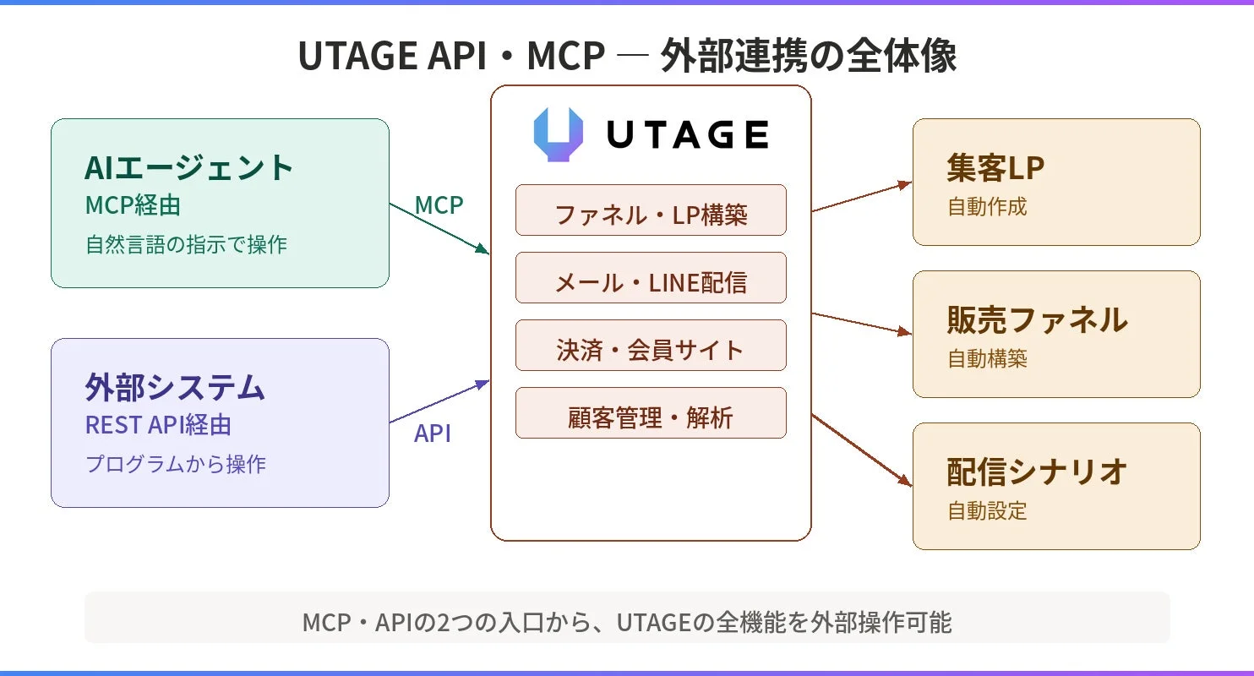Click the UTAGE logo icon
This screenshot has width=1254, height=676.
[559, 134]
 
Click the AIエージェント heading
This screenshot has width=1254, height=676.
[189, 167]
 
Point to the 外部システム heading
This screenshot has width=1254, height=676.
[175, 387]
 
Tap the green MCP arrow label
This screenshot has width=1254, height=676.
[439, 204]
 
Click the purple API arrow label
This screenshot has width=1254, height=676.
[432, 433]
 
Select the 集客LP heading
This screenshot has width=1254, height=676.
[995, 168]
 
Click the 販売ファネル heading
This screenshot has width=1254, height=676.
[1037, 319]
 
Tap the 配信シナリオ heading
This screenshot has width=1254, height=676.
[1037, 472]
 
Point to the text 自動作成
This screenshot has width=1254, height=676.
[987, 206]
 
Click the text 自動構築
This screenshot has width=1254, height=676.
[987, 358]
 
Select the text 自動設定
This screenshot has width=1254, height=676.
[987, 510]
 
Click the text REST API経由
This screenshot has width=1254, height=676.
[158, 425]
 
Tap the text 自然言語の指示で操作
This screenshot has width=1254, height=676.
[186, 245]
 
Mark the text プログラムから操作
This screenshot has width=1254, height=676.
[176, 464]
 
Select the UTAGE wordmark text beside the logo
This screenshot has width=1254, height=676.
[687, 135]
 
